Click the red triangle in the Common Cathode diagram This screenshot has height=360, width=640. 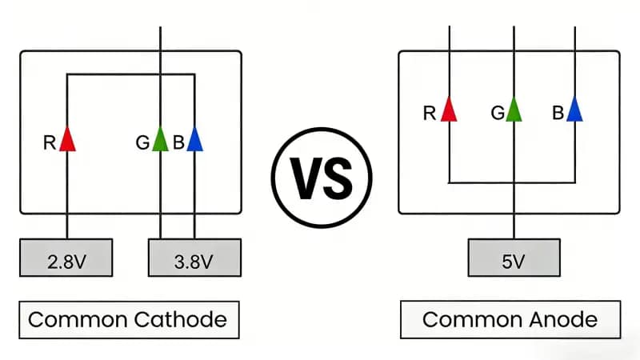[x=67, y=140]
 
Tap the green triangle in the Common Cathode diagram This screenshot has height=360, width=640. [x=161, y=140]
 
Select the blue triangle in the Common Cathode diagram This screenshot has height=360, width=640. [x=194, y=140]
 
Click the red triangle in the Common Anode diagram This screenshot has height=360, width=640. [x=450, y=110]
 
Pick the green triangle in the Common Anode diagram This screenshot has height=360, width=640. [x=513, y=110]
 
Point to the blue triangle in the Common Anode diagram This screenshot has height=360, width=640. [x=574, y=110]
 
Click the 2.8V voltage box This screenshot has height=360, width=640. [x=66, y=259]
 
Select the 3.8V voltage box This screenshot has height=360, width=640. [x=194, y=259]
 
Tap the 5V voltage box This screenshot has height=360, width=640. [x=513, y=259]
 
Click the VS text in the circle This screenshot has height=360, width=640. [x=321, y=178]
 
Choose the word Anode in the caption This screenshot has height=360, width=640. [x=565, y=320]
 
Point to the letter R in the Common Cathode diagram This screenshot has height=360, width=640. [x=50, y=144]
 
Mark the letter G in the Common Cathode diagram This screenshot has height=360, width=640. [x=142, y=144]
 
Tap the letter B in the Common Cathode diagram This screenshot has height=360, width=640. [x=178, y=144]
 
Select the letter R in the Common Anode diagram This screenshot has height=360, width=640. [x=429, y=114]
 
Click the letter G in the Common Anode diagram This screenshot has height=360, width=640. [x=497, y=114]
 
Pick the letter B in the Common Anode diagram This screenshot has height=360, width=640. [x=558, y=114]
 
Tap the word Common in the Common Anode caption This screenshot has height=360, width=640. [x=472, y=320]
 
